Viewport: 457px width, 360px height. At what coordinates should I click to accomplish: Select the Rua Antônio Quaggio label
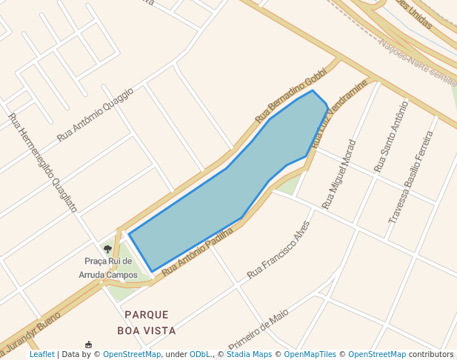96,115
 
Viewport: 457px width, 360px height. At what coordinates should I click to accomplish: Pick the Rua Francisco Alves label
278,249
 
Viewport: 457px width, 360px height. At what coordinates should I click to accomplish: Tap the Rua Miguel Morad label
339,174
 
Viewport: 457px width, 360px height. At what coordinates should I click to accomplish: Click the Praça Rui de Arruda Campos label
108,268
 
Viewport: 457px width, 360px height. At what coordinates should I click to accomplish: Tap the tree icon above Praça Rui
108,250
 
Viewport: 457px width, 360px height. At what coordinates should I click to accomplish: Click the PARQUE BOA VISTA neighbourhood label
147,322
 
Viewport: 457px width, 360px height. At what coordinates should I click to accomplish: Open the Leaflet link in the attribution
41,354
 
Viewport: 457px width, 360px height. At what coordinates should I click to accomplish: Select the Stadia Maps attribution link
248,354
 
